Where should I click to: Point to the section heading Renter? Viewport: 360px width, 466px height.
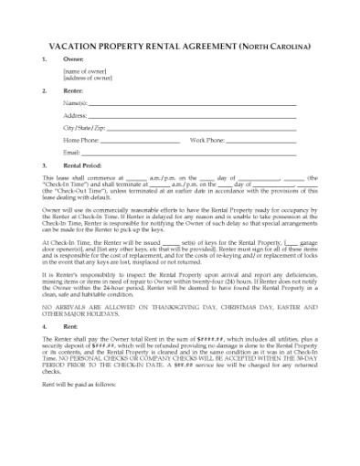pyautogui.click(x=74, y=92)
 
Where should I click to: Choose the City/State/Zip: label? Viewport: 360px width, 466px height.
pyautogui.click(x=85, y=129)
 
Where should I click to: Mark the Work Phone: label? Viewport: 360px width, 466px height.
pyautogui.click(x=206, y=141)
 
